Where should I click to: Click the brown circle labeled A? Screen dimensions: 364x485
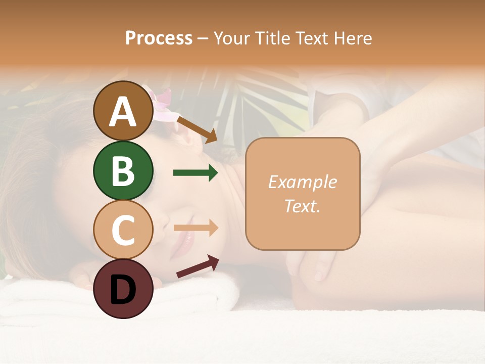[123, 111]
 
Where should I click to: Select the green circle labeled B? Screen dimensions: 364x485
[123, 170]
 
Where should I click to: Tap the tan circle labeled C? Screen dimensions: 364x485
[123, 230]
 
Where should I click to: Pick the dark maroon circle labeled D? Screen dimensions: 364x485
[123, 289]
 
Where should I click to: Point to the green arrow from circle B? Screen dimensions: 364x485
[196, 173]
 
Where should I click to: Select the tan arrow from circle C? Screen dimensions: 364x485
[196, 228]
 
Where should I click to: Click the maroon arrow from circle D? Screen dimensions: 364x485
[198, 266]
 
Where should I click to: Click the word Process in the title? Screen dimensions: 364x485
[159, 38]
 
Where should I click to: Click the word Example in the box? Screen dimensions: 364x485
[302, 182]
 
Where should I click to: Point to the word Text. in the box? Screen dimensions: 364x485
[302, 206]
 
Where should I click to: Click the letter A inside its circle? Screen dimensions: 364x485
[123, 112]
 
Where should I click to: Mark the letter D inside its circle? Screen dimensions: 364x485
[123, 290]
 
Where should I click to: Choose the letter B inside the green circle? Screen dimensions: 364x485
[123, 171]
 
